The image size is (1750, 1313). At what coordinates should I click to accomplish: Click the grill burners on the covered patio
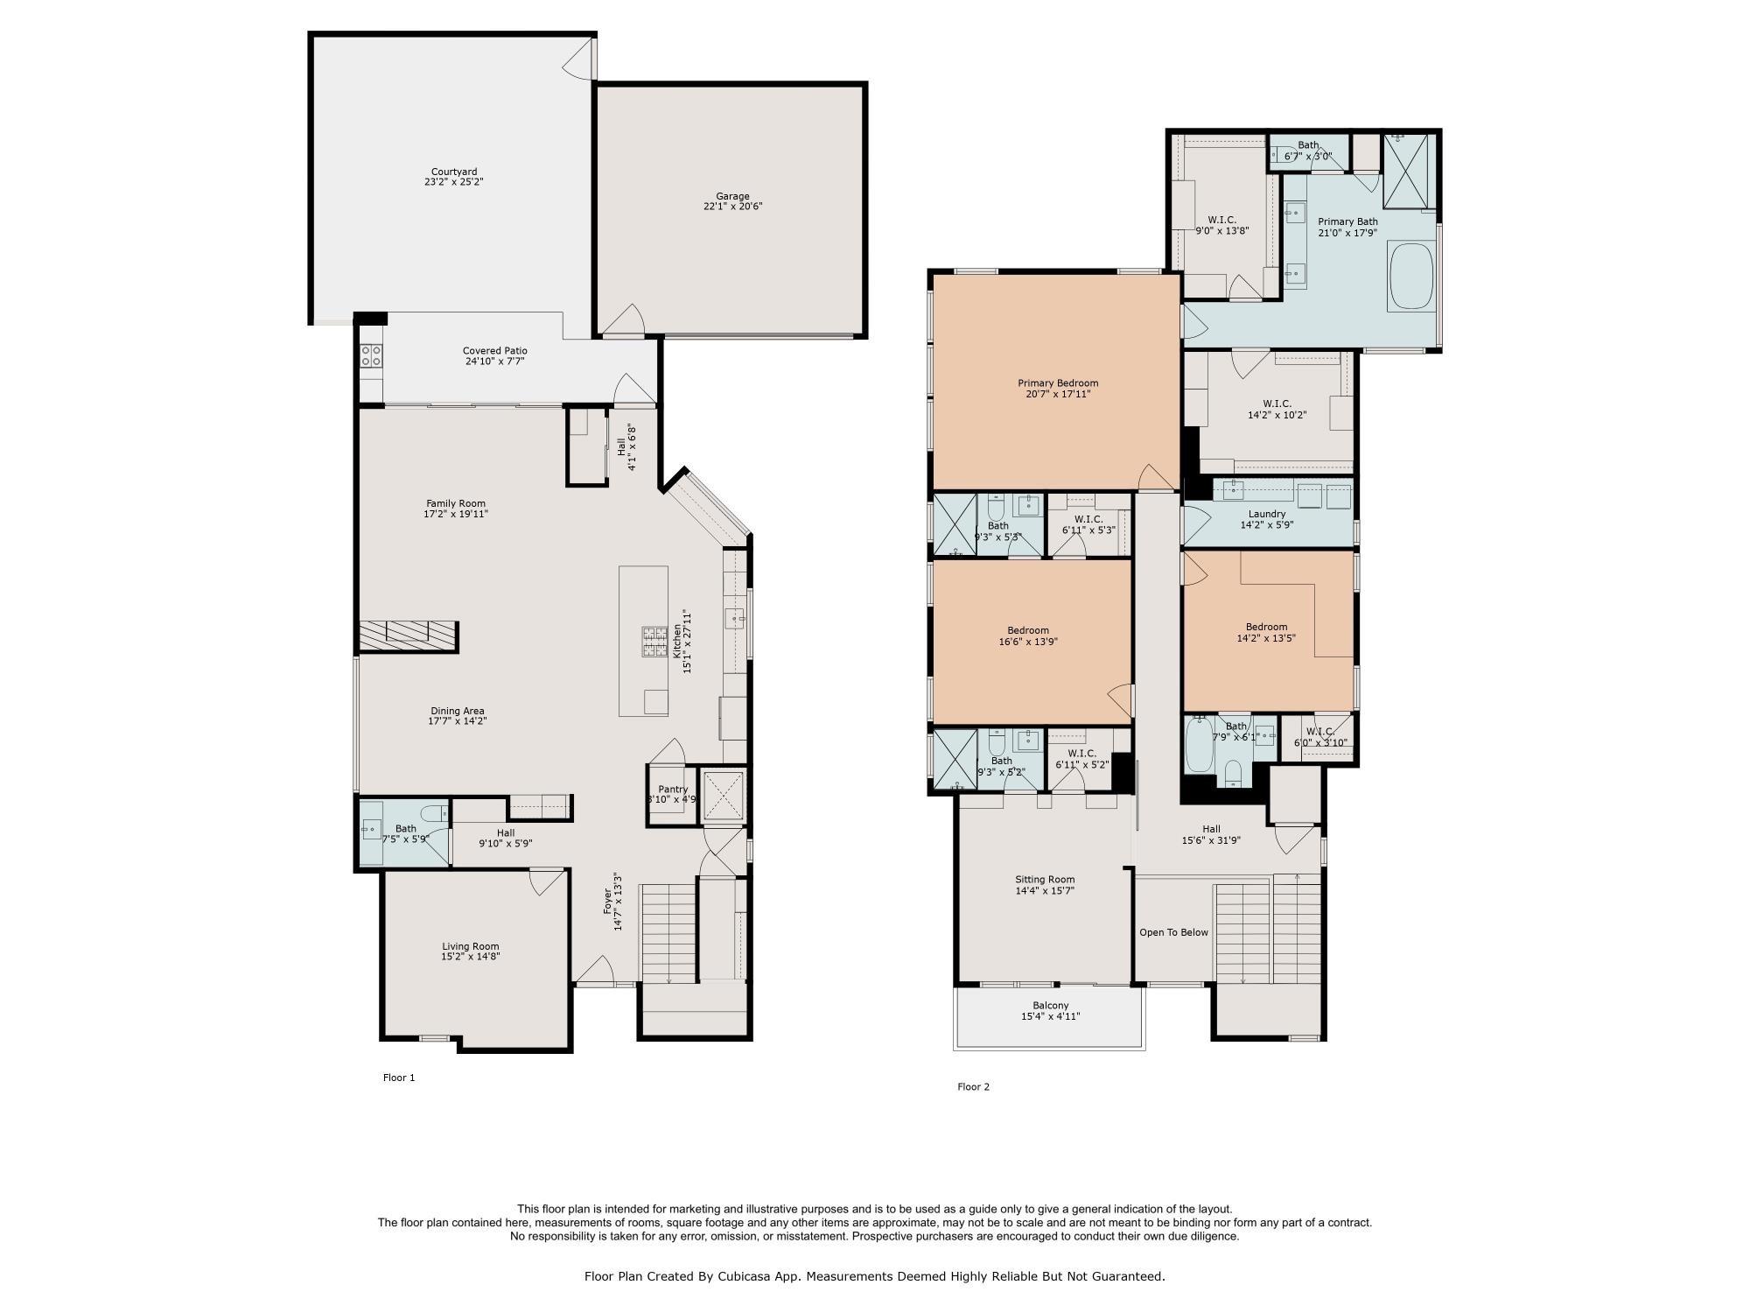tap(371, 355)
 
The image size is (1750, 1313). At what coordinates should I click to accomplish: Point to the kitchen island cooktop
tap(655, 641)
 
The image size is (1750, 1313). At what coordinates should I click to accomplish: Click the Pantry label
tap(673, 789)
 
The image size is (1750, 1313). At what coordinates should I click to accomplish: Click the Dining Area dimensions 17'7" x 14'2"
tap(458, 721)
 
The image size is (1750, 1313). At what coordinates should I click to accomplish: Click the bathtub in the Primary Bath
tap(1410, 277)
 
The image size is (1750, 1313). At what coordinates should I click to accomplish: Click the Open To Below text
tap(1173, 932)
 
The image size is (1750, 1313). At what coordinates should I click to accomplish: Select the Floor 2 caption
tap(974, 1086)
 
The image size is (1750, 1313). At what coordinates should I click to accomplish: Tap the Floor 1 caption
tap(399, 1078)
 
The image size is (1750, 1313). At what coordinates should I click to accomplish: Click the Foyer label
tap(608, 902)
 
